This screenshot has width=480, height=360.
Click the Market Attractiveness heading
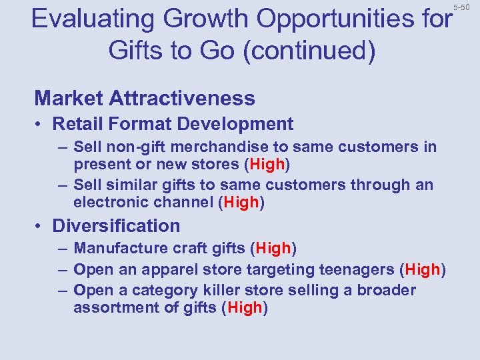point(145,99)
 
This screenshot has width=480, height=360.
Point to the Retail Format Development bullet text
point(173,124)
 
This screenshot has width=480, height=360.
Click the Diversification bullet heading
point(116,226)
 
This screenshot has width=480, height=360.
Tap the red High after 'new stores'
point(267,164)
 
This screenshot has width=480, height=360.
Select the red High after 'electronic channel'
point(242,202)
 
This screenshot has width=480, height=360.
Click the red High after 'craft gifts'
point(273,249)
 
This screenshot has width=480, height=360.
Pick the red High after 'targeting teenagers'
point(423,269)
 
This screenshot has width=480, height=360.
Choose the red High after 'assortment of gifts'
point(245,307)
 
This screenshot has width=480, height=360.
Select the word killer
point(218,290)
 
